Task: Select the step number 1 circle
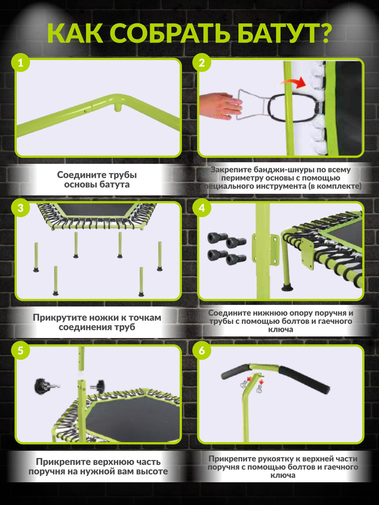point(21,62)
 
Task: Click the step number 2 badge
point(202,62)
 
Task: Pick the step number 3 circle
point(21,208)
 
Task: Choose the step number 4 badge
point(202,208)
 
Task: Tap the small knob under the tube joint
point(117,108)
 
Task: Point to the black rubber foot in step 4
point(287,288)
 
